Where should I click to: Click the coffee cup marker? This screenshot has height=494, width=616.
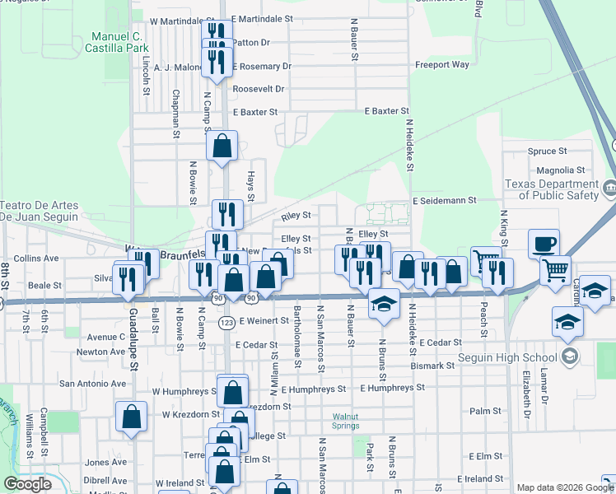click(544, 244)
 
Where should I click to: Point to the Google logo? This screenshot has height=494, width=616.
click(27, 484)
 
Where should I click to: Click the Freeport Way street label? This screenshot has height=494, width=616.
click(442, 64)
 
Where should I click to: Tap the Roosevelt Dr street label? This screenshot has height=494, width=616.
click(259, 88)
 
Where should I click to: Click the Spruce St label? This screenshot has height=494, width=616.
click(547, 151)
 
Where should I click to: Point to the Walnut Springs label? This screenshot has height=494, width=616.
click(346, 421)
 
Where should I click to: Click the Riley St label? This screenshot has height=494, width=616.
click(296, 216)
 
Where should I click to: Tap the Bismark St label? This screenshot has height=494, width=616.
click(434, 365)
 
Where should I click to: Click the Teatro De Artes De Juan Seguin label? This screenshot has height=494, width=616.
click(40, 211)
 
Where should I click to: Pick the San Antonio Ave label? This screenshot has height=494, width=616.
click(91, 383)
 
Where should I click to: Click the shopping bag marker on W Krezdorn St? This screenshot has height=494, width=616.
click(132, 417)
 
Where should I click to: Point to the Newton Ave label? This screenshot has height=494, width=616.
click(100, 351)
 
